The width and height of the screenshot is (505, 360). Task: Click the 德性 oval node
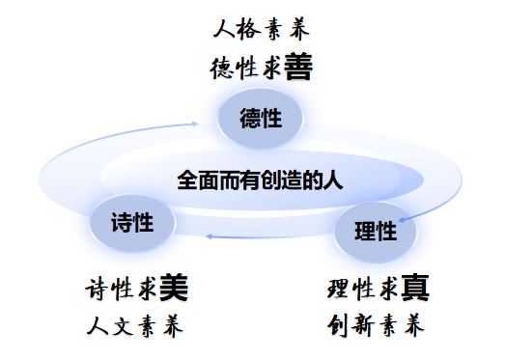(261, 119)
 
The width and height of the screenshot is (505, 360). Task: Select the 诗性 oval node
(132, 223)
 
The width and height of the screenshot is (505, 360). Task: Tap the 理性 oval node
(376, 232)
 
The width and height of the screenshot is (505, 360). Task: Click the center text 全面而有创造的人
(260, 180)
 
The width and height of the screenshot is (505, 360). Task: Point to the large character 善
(298, 67)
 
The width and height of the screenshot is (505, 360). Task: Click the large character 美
(174, 288)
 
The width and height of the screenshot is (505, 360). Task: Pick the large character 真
(415, 288)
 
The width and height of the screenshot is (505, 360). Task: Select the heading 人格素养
(262, 29)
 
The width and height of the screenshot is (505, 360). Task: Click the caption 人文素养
(134, 326)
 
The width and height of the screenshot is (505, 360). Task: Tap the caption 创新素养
(376, 326)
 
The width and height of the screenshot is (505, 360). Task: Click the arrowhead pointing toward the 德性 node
(195, 124)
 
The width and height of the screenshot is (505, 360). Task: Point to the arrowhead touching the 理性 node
(402, 220)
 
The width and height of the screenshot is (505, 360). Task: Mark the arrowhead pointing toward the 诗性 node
(209, 236)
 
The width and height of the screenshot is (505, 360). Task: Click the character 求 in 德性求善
(272, 68)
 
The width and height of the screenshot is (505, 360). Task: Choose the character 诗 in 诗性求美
(97, 289)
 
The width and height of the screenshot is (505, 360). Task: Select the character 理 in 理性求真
(338, 289)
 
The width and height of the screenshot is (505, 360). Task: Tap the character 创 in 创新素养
(337, 326)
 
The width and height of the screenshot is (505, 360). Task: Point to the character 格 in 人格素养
(248, 29)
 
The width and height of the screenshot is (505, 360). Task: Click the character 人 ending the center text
(333, 180)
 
